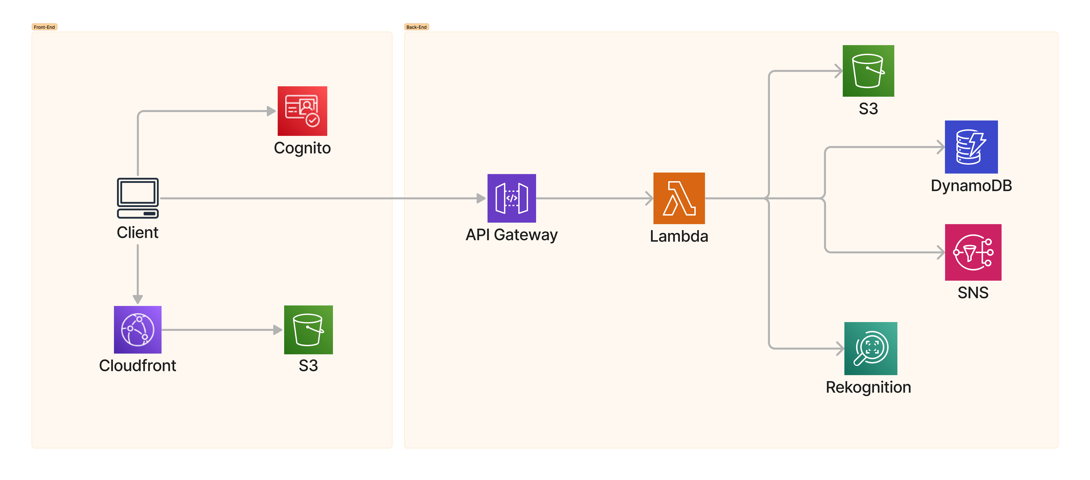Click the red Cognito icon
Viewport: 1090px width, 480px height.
[302, 111]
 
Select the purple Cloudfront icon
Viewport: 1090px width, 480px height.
[137, 330]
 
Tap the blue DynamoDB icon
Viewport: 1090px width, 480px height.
[971, 147]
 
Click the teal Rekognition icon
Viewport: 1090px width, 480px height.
[870, 348]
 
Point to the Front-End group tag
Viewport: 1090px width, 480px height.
[44, 27]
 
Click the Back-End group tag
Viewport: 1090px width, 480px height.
[416, 27]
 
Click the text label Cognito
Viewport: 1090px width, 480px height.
[302, 148]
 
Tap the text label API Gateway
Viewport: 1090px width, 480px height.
[512, 235]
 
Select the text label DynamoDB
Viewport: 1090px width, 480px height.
[971, 186]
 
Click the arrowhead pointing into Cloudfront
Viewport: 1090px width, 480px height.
[137, 299]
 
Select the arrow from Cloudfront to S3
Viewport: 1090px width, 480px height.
[220, 330]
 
